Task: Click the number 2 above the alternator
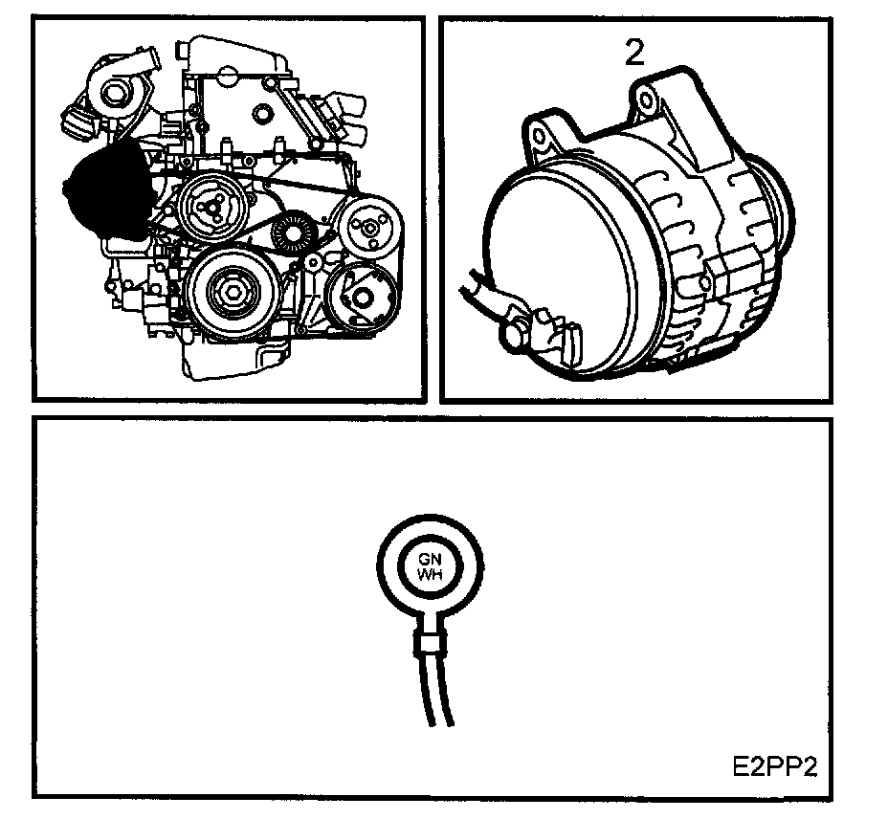[x=634, y=53]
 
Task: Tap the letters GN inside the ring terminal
[x=430, y=560]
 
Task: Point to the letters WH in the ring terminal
[x=430, y=574]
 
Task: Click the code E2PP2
[x=775, y=767]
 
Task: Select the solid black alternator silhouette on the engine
[x=107, y=189]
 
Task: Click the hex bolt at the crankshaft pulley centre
[x=233, y=293]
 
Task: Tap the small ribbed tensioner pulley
[x=292, y=232]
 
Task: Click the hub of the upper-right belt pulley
[x=370, y=228]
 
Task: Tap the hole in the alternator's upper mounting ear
[x=646, y=101]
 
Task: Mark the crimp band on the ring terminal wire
[x=430, y=643]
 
